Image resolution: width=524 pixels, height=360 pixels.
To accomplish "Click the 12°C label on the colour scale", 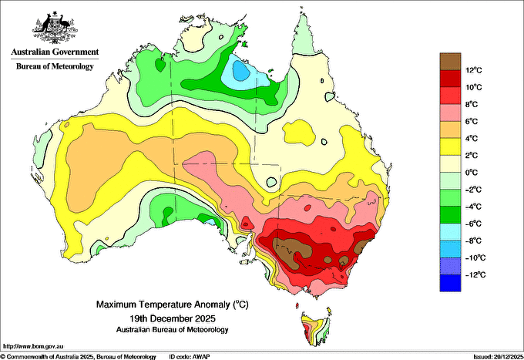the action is pos(474,70).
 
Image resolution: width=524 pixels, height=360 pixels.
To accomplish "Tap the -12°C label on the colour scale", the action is pos(474,274).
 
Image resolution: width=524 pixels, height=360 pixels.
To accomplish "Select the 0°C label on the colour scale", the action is pos(472,173).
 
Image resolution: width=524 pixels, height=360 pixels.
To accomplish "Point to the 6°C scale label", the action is pos(472,121).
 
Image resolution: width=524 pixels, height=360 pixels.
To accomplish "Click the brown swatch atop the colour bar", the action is pos(450,61).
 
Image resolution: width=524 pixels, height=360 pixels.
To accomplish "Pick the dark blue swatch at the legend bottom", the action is pos(450,283).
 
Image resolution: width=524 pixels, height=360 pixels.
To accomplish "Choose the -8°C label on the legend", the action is pos(474,241).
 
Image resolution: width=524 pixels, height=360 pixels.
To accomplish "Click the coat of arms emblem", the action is pos(55,28).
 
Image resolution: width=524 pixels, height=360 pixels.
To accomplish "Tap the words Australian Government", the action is pos(55,52).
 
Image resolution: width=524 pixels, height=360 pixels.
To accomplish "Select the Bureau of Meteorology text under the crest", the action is pos(55,66).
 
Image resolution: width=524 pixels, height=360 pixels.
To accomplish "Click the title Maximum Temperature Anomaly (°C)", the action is pos(173,304).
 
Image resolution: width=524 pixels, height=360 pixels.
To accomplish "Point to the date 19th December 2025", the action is pos(173,318).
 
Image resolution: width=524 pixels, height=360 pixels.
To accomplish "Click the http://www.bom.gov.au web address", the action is pos(33,346).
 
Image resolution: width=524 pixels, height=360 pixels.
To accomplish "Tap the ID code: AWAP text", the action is pos(190,357).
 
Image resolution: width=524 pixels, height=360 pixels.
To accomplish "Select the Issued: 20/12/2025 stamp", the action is pos(499,357).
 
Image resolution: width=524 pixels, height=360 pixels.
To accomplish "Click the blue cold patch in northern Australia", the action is pos(240,71).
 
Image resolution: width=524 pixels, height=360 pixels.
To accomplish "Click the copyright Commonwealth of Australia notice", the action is pos(78,357).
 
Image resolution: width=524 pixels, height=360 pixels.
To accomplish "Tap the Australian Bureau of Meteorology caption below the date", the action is pos(173,330).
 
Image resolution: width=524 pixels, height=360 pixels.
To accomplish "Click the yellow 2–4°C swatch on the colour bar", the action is pos(450,146).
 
